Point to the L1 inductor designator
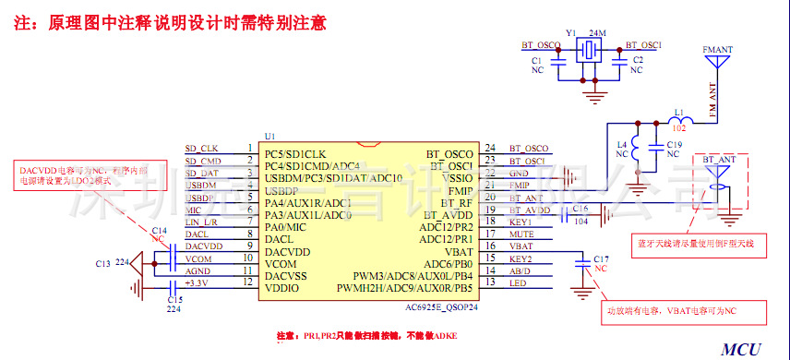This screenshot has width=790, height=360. [679, 114]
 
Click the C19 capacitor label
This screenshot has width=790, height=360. [674, 145]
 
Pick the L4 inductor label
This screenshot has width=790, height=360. [621, 145]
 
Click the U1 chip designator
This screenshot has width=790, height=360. [270, 135]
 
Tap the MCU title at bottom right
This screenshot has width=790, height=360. [740, 350]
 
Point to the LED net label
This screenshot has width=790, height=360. [518, 282]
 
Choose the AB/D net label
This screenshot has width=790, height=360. [520, 271]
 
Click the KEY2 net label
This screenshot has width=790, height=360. [521, 259]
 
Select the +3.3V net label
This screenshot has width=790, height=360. [197, 283]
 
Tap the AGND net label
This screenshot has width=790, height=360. [197, 271]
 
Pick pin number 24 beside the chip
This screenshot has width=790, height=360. [490, 148]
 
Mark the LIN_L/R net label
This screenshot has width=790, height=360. [201, 222]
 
